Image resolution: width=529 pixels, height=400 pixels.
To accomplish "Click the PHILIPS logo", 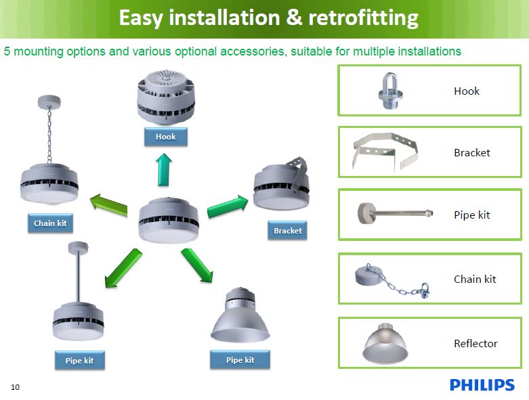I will click(482, 385).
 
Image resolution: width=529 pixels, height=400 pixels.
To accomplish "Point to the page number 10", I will click(15, 387).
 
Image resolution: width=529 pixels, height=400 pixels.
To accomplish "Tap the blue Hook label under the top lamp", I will click(165, 137).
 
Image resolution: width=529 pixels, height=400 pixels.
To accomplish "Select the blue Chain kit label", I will click(50, 223).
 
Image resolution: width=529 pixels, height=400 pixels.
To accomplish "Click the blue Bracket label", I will click(287, 231).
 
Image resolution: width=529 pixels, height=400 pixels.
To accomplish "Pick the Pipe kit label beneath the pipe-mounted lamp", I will click(79, 361).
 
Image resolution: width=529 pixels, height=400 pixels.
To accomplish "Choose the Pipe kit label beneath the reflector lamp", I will click(240, 360).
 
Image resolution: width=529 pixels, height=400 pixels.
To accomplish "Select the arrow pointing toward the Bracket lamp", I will click(228, 205).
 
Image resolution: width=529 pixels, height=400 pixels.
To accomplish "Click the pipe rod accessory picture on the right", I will click(392, 215).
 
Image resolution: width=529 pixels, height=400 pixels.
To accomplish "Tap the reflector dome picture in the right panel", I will click(385, 344).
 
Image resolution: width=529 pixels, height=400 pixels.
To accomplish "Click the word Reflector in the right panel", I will click(475, 344).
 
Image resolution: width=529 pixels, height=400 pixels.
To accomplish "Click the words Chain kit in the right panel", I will click(475, 279).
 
